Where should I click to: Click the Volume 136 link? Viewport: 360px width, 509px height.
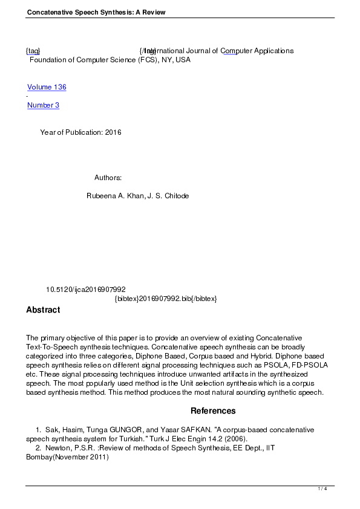pos(47,87)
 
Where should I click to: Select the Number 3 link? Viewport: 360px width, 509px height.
pos(43,105)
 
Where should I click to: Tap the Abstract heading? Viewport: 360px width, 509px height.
pos(43,310)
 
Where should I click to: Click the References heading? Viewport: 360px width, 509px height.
pos(213,411)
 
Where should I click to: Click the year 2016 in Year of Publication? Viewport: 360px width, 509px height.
pos(113,132)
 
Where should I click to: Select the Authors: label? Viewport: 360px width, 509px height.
pos(108,178)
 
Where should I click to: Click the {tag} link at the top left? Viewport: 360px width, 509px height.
pos(33,51)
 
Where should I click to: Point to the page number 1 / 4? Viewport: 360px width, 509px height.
pos(322,488)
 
